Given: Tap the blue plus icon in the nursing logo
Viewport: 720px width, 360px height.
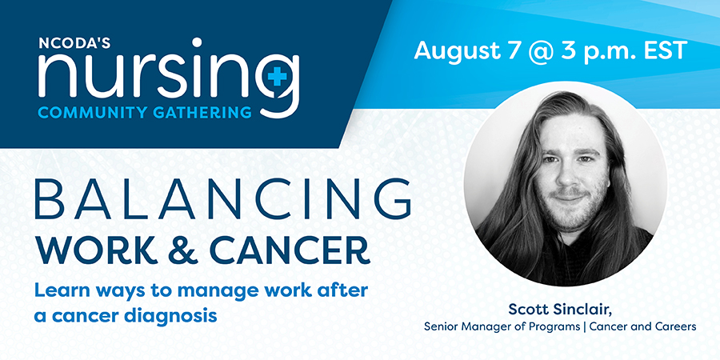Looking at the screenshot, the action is coord(277,75).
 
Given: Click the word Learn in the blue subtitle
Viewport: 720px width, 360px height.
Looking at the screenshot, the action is coord(57,291).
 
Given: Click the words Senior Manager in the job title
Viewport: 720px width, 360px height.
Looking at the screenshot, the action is coord(465,327).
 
